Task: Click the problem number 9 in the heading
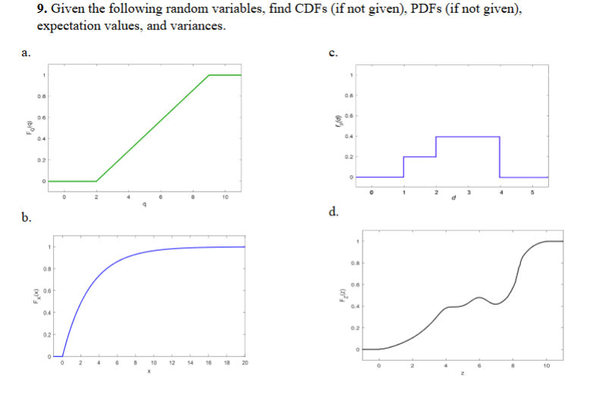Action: (42, 10)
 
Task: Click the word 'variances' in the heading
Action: (199, 26)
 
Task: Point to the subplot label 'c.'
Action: (333, 52)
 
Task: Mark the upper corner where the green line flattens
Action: (209, 75)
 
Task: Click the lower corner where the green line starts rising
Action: (96, 181)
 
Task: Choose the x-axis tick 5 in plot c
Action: (532, 192)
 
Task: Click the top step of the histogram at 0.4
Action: (467, 136)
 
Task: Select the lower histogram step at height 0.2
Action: (419, 157)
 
